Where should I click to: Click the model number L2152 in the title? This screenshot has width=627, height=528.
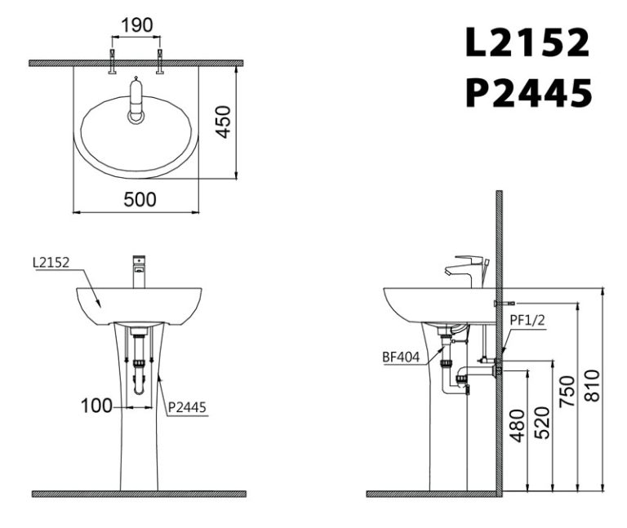tap(527, 43)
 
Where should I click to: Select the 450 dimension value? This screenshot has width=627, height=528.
tap(222, 122)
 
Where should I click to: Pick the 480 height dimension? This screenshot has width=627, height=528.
tap(517, 425)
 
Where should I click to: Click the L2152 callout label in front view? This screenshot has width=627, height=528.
tap(51, 263)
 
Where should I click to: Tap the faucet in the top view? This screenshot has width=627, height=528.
tap(136, 101)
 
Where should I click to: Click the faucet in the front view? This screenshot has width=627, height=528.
tap(139, 270)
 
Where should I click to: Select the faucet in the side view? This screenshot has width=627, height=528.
tap(465, 269)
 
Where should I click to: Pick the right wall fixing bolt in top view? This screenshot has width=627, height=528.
tap(160, 62)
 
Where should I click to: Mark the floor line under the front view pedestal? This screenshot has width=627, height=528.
tap(139, 494)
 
